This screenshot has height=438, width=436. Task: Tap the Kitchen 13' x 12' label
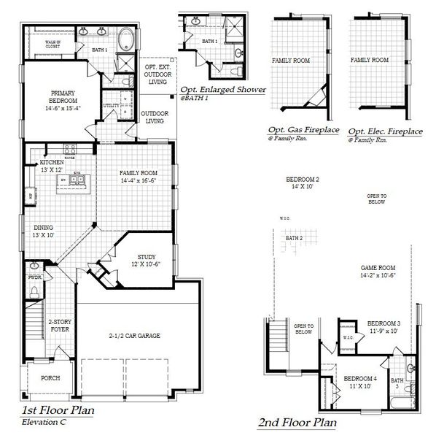[53, 166]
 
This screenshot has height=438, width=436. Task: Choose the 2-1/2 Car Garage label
[136, 335]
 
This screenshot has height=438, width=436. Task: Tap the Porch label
[50, 378]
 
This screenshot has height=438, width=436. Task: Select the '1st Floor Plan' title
[57, 410]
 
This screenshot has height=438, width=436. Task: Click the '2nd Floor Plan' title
[297, 422]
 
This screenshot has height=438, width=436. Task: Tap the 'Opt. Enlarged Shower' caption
[223, 89]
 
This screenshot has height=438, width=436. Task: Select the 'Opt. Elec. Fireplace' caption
[385, 131]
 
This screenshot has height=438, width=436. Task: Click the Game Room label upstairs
[378, 272]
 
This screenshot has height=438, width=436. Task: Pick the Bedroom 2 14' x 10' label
[303, 183]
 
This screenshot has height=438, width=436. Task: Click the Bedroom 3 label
[384, 326]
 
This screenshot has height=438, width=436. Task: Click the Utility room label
[112, 106]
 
